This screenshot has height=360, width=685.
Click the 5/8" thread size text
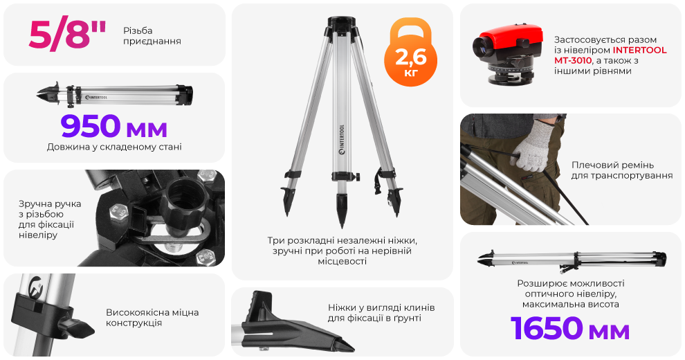point(67,35)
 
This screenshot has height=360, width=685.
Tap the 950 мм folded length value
point(114,126)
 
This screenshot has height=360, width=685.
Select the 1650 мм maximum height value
point(570,328)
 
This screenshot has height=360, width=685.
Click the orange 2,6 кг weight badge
point(410,53)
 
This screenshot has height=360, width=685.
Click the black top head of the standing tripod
point(342,24)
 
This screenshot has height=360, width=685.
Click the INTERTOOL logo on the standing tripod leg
point(342,139)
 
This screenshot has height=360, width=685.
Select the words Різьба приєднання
point(152,36)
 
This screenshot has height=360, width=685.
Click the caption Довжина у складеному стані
point(114,147)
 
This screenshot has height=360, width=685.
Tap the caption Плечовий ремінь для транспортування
point(621,170)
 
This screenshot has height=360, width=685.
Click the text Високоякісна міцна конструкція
point(152,318)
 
